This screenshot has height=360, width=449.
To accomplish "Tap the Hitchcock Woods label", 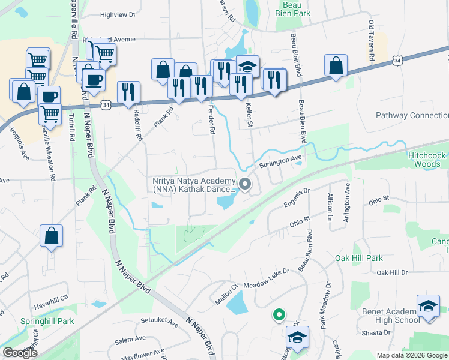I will pyautogui.click(x=427, y=159).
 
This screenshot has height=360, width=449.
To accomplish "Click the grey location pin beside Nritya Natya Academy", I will pyautogui.click(x=244, y=184).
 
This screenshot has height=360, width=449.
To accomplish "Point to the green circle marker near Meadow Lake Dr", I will pyautogui.click(x=278, y=314).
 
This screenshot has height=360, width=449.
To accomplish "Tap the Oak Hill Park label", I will pyautogui.click(x=359, y=258).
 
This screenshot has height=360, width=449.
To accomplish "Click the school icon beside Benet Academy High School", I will pyautogui.click(x=428, y=307).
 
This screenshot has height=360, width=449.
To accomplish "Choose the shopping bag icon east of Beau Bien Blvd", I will pyautogui.click(x=336, y=65).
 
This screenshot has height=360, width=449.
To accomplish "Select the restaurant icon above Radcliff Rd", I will pyautogui.click(x=128, y=92).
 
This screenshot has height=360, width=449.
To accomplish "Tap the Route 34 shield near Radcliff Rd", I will pyautogui.click(x=106, y=105).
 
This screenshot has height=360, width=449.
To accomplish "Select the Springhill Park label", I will pyautogui.click(x=47, y=321).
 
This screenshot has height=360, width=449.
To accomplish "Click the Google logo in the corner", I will pyautogui.click(x=20, y=353).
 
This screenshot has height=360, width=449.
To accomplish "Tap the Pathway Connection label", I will pyautogui.click(x=412, y=115).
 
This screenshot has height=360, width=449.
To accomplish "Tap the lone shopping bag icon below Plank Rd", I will pyautogui.click(x=52, y=235).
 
